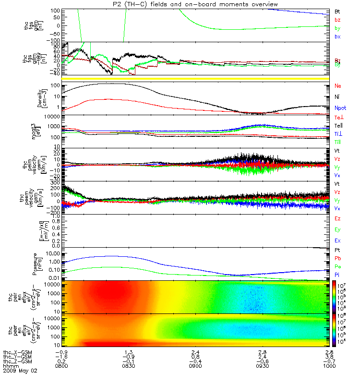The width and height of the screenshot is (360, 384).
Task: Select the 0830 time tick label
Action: pyautogui.click(x=126, y=367)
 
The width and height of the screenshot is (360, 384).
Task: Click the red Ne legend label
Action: pyautogui.click(x=338, y=85)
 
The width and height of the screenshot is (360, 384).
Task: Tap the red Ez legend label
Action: pyautogui.click(x=338, y=218)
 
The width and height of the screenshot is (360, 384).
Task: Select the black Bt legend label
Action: pyautogui.click(x=337, y=11)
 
